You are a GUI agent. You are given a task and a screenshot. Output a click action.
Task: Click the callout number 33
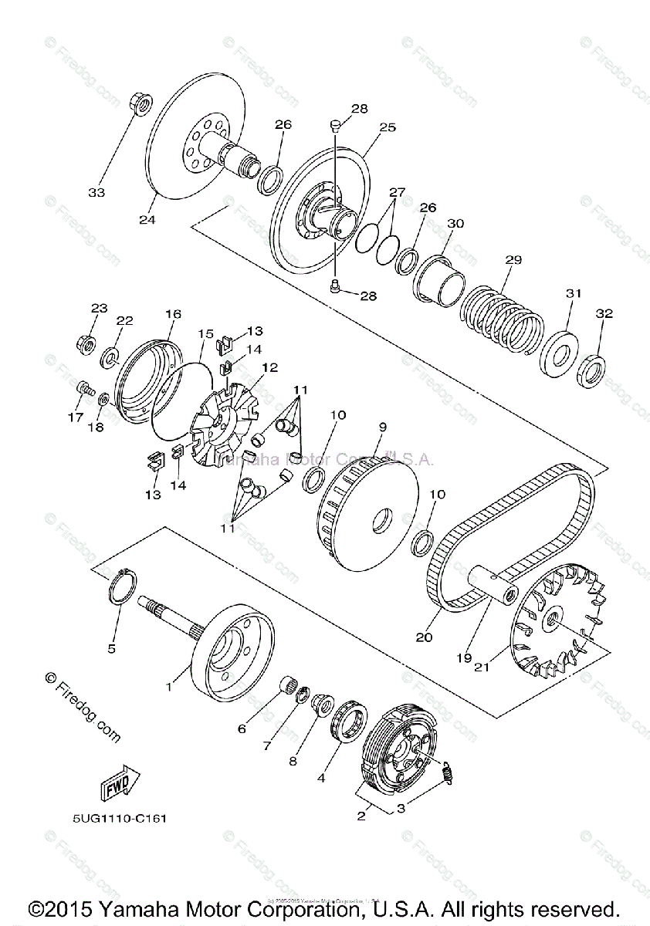[97, 191]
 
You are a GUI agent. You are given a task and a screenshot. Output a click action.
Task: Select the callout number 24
[147, 220]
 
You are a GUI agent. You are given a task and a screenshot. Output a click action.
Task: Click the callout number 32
[604, 313]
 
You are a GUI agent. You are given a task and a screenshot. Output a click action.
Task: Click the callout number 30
[455, 223]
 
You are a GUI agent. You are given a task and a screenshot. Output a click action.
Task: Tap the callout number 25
[387, 127]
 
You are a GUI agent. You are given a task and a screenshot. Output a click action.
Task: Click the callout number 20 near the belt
[424, 637]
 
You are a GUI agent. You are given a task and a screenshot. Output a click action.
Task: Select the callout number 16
[173, 314]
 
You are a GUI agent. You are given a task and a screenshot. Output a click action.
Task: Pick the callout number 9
[382, 425]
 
